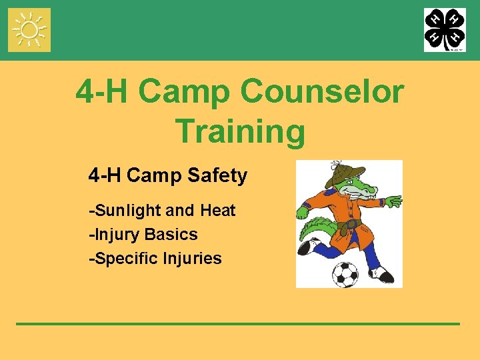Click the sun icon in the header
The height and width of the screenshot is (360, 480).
(29, 30)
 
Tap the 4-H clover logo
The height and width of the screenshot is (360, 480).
(445, 30)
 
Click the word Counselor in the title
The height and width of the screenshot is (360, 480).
(322, 91)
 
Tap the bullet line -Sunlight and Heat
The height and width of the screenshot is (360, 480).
(162, 211)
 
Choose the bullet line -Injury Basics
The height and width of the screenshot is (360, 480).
(143, 235)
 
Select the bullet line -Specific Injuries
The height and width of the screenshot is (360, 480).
(155, 259)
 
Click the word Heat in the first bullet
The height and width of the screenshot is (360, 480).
(217, 211)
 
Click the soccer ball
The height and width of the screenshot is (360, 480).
(345, 273)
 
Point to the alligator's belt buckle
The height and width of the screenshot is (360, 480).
(347, 225)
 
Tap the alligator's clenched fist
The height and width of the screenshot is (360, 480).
(302, 212)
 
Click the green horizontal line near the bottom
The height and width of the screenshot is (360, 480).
(238, 323)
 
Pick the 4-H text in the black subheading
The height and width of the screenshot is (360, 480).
(105, 176)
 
